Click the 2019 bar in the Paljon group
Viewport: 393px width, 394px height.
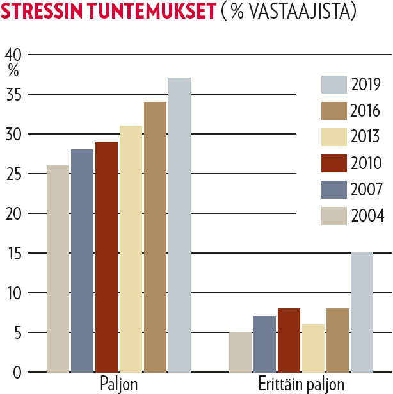(x=179, y=224)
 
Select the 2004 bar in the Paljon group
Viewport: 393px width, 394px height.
(x=58, y=268)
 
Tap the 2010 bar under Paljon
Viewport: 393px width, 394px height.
(x=107, y=256)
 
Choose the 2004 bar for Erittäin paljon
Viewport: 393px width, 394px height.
(x=240, y=352)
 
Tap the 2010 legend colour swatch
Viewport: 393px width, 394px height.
(x=333, y=163)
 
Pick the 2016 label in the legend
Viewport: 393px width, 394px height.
(x=366, y=111)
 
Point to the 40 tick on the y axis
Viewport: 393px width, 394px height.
(x=14, y=56)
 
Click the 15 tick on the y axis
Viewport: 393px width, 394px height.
(x=14, y=254)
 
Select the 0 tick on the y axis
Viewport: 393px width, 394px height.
(x=17, y=373)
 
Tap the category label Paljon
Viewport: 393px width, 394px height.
(x=119, y=384)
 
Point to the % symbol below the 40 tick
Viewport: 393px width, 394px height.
(x=13, y=70)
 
